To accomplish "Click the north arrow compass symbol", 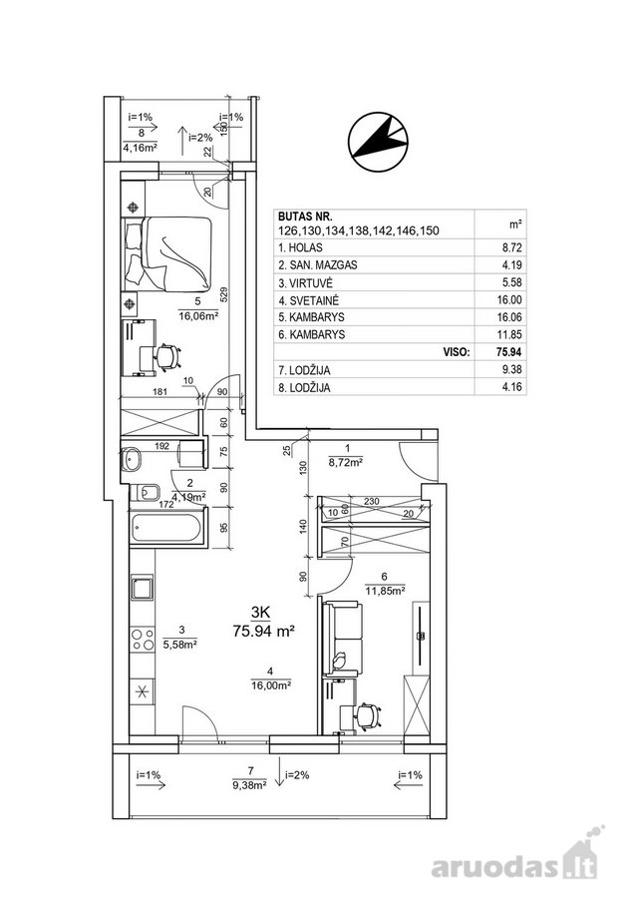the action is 378,142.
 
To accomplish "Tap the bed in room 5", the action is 167,252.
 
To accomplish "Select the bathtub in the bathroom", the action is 166,528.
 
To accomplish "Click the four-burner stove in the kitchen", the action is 143,640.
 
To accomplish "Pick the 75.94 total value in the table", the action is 508,351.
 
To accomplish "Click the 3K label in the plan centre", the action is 260,613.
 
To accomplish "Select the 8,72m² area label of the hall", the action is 347,460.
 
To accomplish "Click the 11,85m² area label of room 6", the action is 386,590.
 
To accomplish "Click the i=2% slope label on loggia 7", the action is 297,775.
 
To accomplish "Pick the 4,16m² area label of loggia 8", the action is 141,148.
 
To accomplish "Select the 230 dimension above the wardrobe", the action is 372,501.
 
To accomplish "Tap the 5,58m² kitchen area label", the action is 180,645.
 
